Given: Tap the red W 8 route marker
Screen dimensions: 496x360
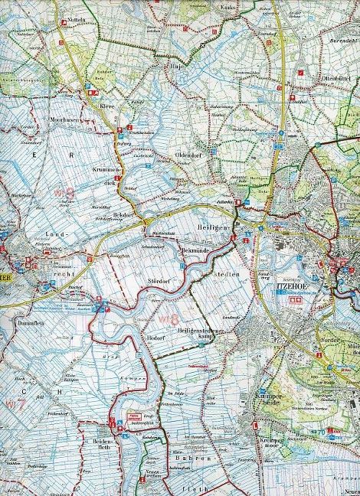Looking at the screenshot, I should click(x=169, y=318).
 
